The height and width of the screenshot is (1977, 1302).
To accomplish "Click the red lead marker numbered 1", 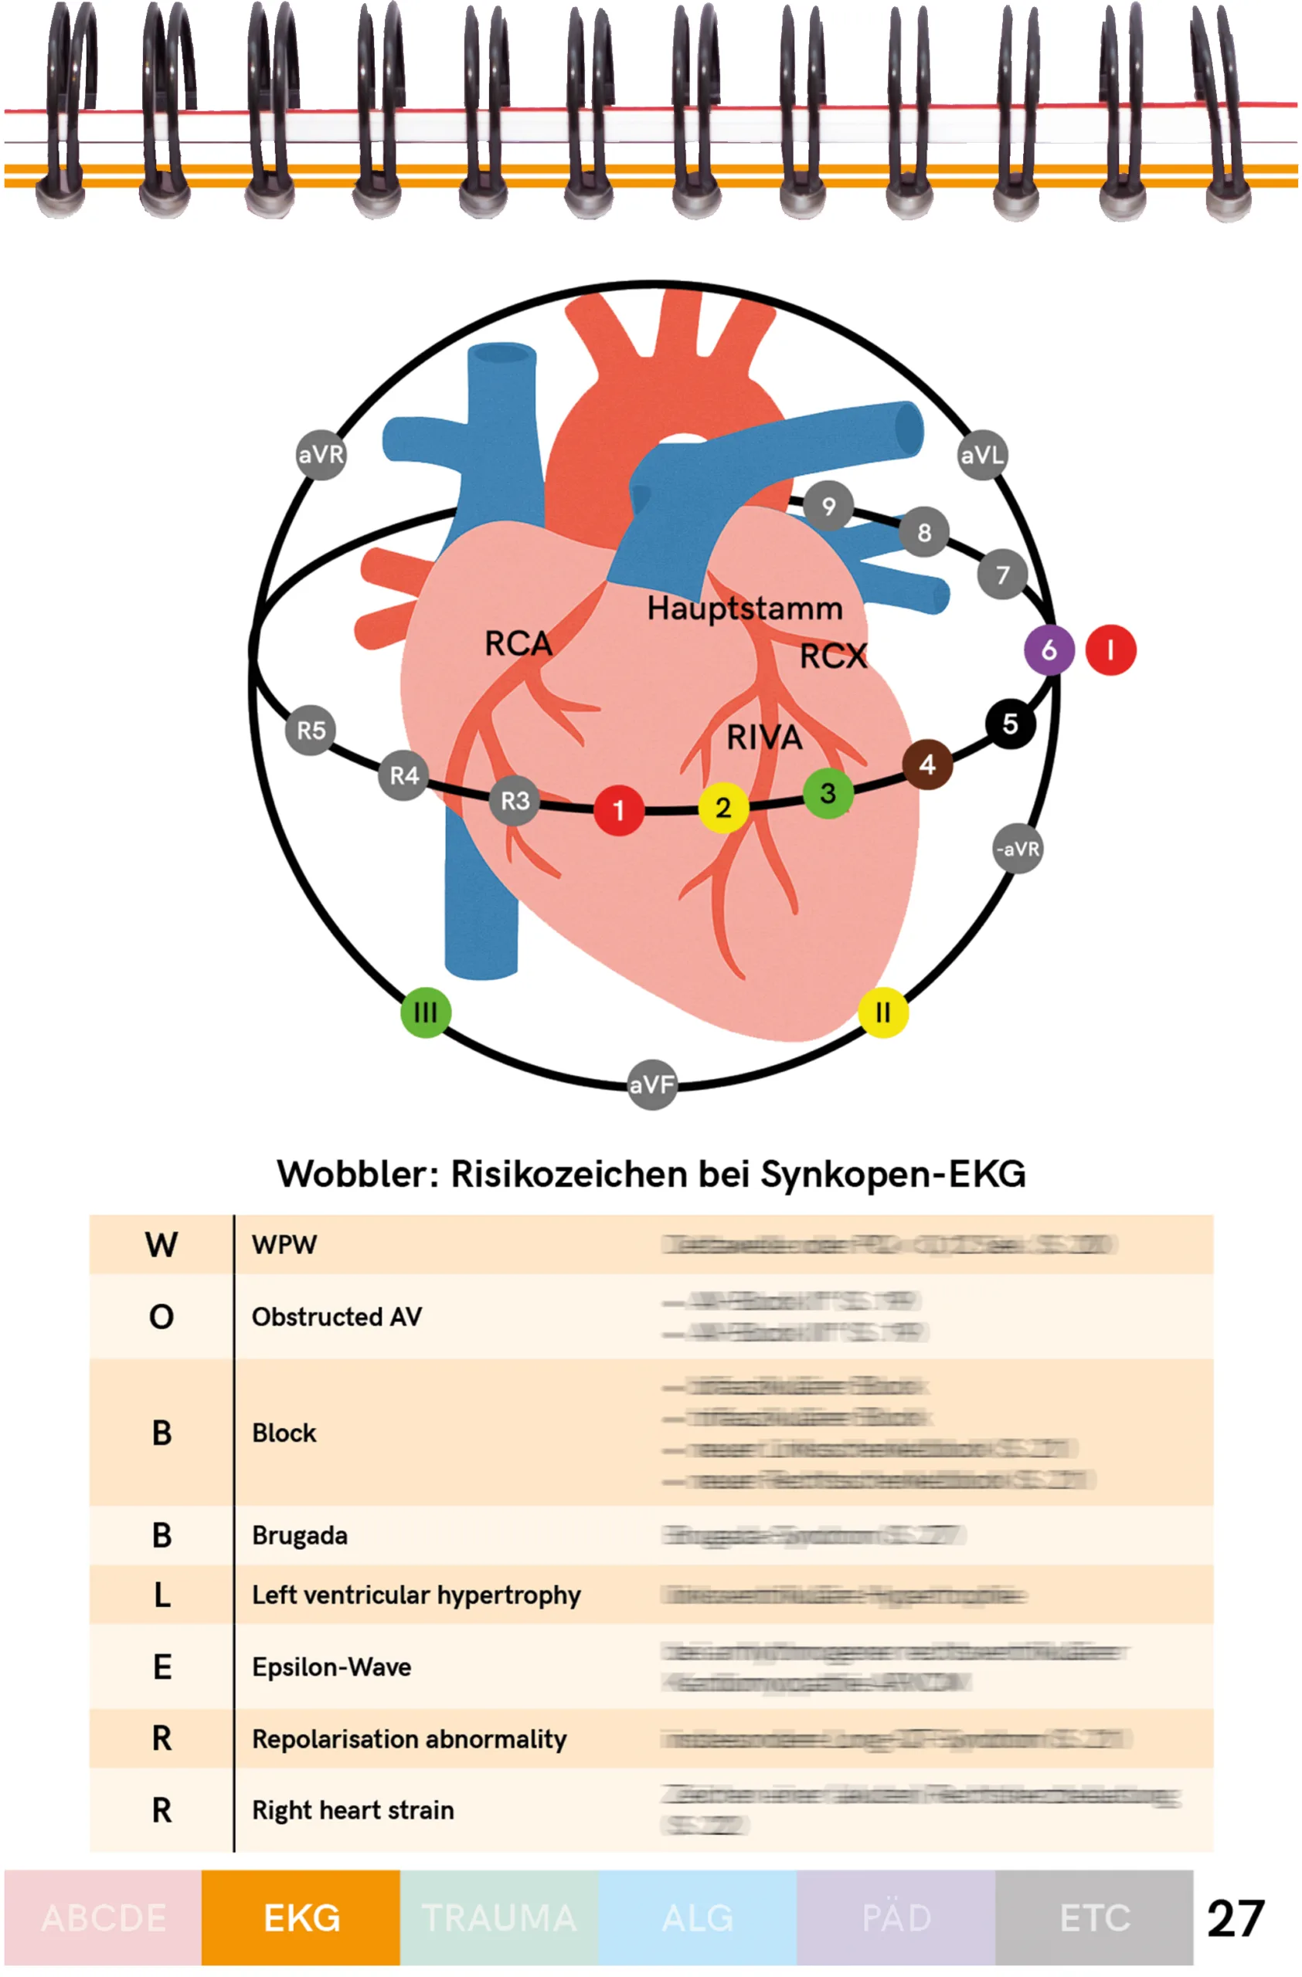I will point(618,810).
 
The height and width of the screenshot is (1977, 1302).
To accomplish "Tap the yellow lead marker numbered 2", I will point(723,808).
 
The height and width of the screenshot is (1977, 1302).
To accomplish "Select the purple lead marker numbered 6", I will point(1049,649).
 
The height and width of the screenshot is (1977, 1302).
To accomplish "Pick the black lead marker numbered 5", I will point(1009,724).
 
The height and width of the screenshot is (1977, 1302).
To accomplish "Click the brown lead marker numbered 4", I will point(927,765).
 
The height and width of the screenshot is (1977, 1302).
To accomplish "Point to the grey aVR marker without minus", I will point(321,454).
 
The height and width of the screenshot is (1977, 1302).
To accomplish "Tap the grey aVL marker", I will point(982,454).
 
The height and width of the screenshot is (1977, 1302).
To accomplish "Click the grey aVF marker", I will point(651,1084).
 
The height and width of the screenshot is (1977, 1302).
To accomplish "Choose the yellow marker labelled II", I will point(882,1012).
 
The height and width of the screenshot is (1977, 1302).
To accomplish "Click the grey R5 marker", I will point(311,730).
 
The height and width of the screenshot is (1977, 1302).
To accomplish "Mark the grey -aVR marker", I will point(1017,849).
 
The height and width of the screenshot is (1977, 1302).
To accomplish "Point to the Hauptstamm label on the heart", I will point(744,608).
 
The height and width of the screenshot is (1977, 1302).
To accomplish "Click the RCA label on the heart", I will point(518,643).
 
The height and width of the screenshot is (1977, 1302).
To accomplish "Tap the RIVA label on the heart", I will point(763,737).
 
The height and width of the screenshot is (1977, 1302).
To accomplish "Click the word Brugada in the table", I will point(299,1535).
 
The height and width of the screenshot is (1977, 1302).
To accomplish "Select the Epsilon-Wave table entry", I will point(331,1667).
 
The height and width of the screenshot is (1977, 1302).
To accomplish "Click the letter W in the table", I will point(161,1244).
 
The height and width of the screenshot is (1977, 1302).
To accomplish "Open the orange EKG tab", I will point(301,1918).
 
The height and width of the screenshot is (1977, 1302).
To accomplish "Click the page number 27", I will point(1235,1918).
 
